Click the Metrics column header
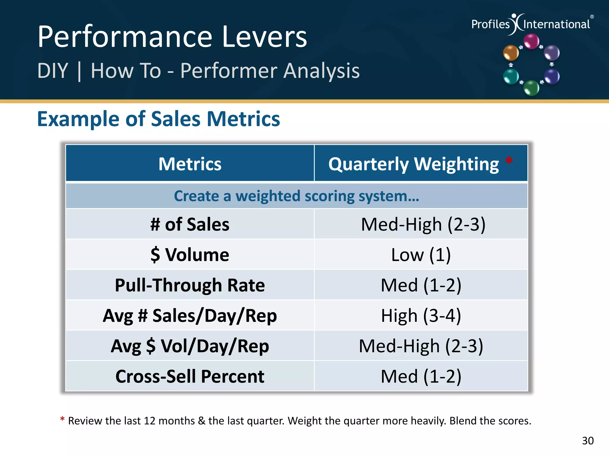click(x=190, y=164)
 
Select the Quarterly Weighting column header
click(x=413, y=164)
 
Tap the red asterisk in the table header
click(x=509, y=161)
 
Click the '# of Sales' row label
click(x=190, y=224)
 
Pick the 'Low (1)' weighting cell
click(x=421, y=255)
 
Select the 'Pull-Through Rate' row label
click(x=190, y=285)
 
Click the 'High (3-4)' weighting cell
click(x=421, y=316)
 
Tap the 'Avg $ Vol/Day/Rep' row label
click(x=190, y=346)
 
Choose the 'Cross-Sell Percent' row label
click(x=190, y=376)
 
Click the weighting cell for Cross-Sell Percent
click(x=421, y=376)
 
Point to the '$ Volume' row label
click(x=190, y=255)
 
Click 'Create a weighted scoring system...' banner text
click(x=296, y=196)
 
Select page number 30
click(x=588, y=441)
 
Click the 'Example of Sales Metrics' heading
click(x=158, y=119)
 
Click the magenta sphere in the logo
click(x=531, y=41)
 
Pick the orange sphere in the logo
click(x=511, y=53)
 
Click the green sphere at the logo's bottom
click(x=531, y=88)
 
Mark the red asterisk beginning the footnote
click(x=62, y=419)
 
